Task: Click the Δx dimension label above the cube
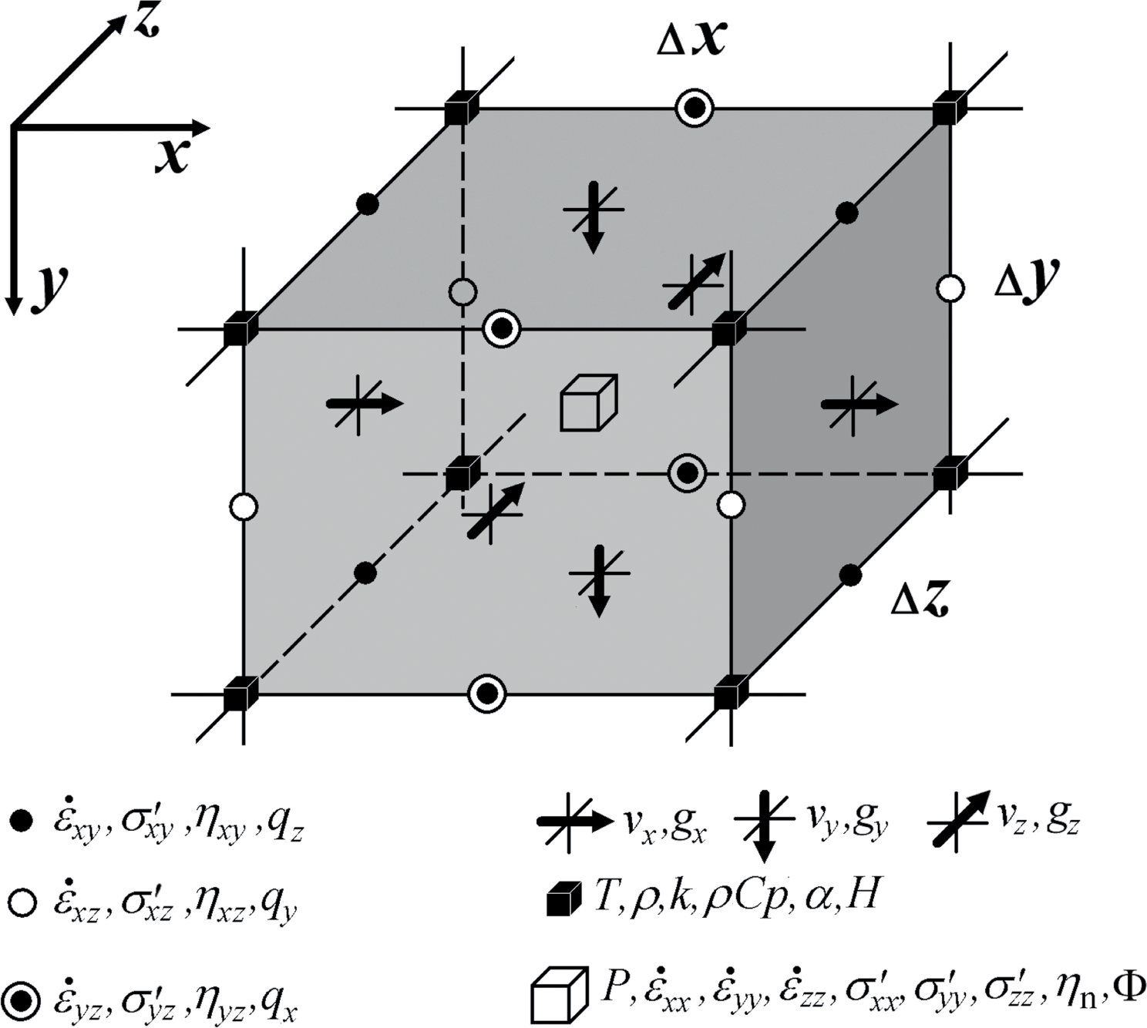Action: (x=691, y=40)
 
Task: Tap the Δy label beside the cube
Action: (x=1025, y=281)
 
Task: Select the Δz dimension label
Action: (x=919, y=598)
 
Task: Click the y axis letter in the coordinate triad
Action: (x=49, y=289)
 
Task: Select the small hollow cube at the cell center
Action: (x=588, y=401)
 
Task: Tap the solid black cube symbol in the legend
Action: (x=563, y=899)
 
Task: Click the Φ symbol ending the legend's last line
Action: (x=1129, y=987)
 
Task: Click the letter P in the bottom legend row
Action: (x=610, y=987)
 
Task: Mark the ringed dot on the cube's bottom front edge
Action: (x=487, y=694)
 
